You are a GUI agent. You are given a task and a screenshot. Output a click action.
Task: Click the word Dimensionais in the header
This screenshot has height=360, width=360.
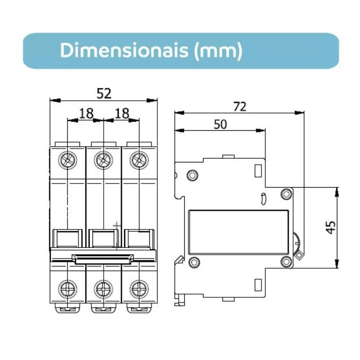pos(124,51)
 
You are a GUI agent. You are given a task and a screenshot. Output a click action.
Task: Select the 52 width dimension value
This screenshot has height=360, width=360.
pos(104,94)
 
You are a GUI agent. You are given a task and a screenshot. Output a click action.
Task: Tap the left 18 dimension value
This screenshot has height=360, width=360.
pos(86,113)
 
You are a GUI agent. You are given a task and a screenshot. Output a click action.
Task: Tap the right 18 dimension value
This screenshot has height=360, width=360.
pos(122,113)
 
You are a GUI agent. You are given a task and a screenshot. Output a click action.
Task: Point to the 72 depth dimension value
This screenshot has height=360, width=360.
pos(240,107)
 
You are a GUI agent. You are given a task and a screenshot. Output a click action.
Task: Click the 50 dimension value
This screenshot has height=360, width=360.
pos(220,125)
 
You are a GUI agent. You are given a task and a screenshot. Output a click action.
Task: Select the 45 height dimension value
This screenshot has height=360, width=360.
pos(330,227)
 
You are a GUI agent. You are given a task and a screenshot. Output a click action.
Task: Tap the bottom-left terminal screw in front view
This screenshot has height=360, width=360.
pos(68,289)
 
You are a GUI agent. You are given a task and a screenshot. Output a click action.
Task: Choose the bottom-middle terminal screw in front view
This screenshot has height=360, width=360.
pos(103,289)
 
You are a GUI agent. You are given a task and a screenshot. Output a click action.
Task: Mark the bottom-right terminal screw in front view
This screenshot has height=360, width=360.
pos(139,289)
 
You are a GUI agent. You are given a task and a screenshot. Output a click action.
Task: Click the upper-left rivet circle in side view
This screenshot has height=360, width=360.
pos(193,175)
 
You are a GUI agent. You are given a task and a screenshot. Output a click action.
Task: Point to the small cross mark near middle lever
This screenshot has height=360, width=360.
pos(117,226)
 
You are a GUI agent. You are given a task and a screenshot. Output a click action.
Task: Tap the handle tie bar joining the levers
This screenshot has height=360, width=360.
pos(103,258)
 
